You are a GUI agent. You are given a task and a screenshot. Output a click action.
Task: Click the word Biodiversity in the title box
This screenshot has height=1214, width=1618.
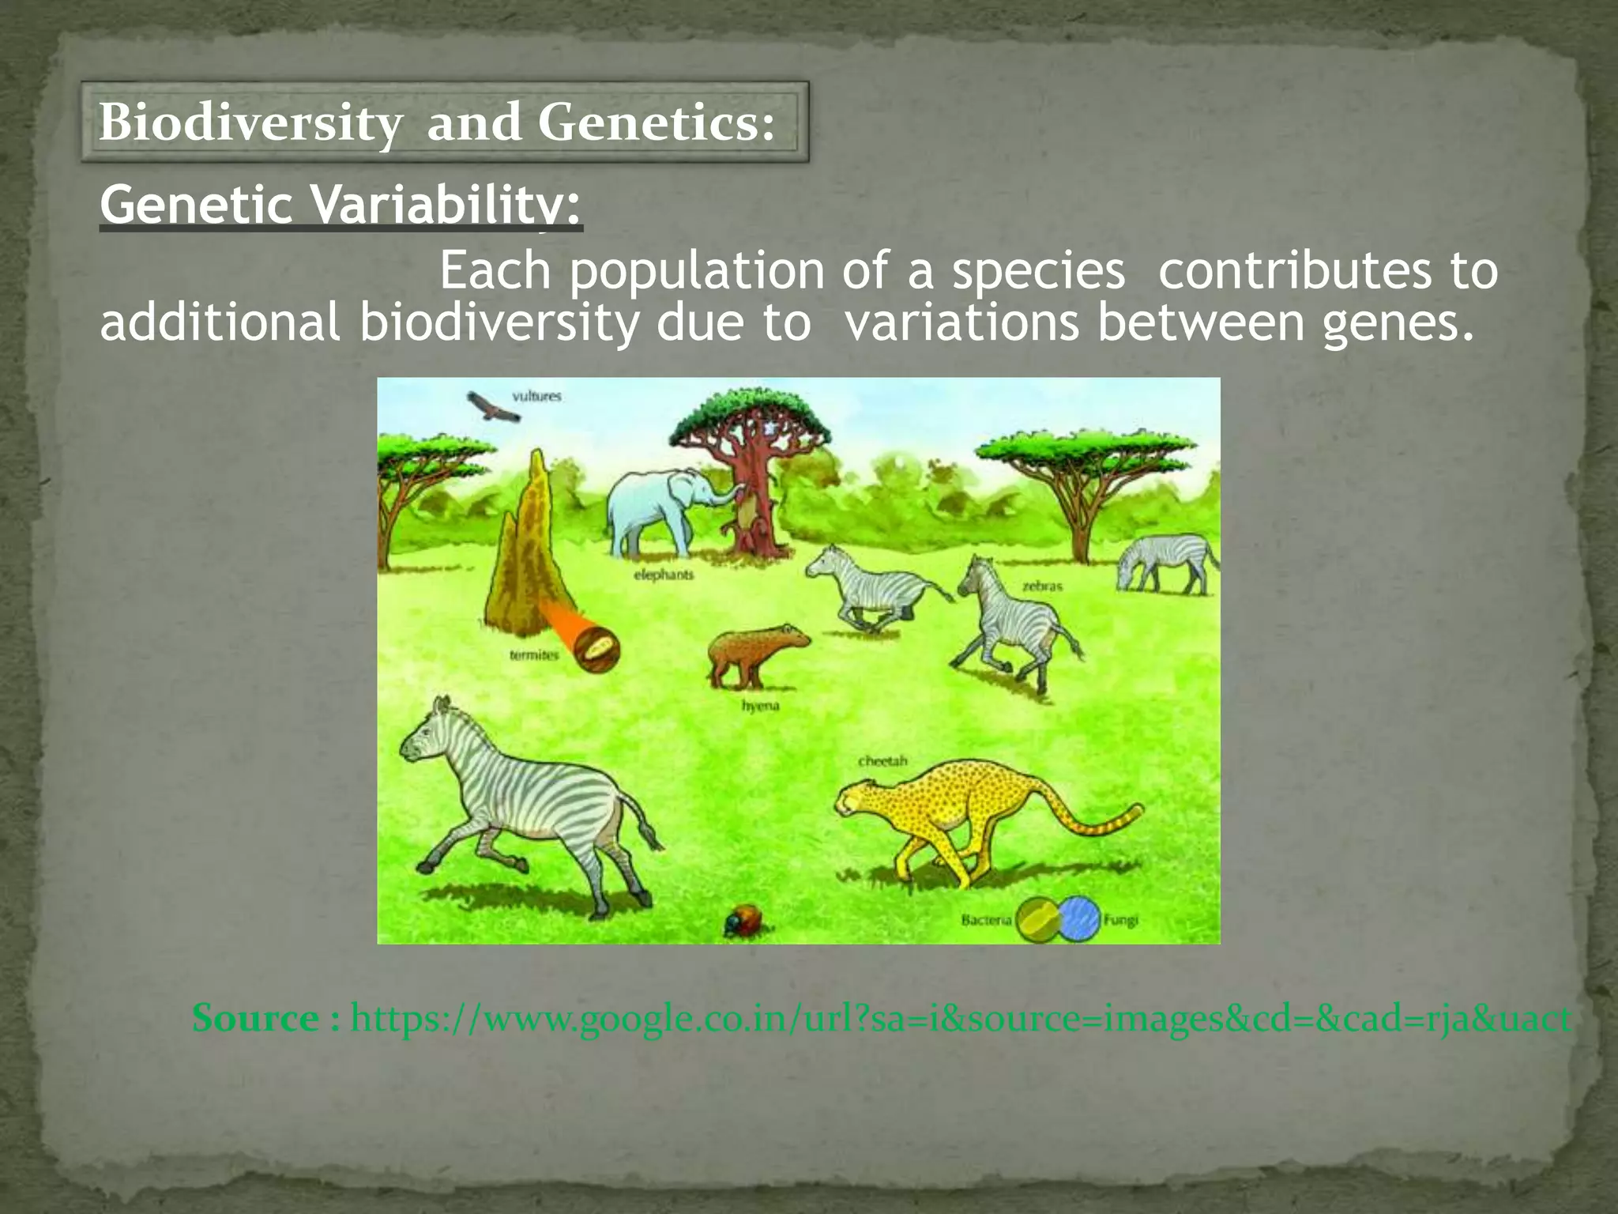(250, 124)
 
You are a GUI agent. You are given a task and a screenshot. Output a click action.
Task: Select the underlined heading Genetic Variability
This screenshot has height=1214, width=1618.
(340, 205)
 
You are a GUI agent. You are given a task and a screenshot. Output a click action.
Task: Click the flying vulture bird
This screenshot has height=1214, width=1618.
(491, 406)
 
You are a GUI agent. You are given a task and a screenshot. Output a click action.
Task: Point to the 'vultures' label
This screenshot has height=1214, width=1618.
(537, 395)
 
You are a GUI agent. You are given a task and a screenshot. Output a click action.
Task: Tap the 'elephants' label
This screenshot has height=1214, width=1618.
(664, 575)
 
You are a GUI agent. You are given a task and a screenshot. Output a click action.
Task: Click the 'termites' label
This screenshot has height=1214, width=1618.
(534, 655)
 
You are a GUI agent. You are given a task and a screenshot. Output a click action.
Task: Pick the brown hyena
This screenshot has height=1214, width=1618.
(754, 653)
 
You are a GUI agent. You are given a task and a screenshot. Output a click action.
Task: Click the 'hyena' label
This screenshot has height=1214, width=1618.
(760, 706)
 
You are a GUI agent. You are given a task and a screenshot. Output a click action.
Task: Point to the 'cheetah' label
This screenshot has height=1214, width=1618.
(882, 761)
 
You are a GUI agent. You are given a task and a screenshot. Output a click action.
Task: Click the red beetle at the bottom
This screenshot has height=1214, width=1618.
(743, 922)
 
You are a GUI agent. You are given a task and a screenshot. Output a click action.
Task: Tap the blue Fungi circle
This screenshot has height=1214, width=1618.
(1081, 919)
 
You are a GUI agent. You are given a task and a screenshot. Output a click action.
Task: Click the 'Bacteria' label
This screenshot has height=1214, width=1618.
(986, 920)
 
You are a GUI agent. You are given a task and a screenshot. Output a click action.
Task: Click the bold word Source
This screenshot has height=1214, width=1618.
(255, 1018)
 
